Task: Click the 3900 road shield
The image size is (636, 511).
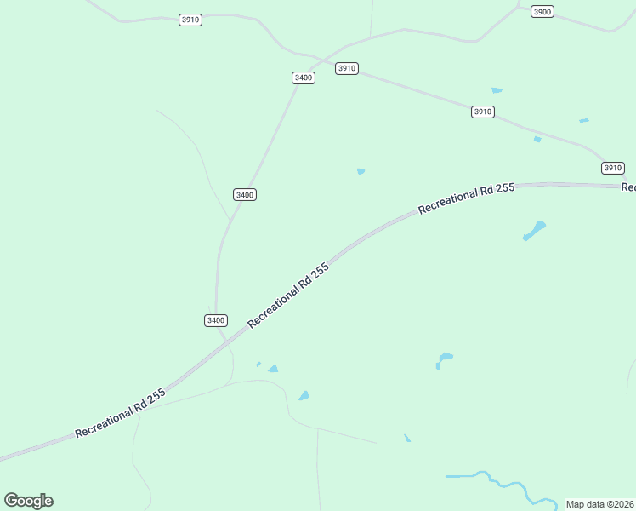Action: [x=542, y=11]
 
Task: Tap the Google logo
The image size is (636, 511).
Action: [x=28, y=501]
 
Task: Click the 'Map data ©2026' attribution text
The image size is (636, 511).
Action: [x=599, y=504]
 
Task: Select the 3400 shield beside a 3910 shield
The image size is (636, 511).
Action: [x=304, y=78]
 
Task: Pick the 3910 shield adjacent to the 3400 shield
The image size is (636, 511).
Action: [x=346, y=68]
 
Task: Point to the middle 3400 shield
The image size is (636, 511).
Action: [x=245, y=195]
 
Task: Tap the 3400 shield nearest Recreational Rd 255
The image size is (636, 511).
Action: [x=216, y=320]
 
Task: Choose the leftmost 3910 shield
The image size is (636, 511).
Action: [x=190, y=20]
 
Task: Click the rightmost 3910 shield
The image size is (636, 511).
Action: [x=613, y=168]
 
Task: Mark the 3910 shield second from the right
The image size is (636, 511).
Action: [x=483, y=112]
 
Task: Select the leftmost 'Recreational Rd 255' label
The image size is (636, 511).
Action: [x=120, y=414]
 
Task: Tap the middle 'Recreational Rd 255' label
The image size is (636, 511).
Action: [x=288, y=296]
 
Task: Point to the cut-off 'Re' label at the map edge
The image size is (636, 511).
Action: [x=628, y=187]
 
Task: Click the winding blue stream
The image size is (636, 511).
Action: [x=502, y=484]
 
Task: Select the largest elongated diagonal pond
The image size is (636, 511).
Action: [x=534, y=231]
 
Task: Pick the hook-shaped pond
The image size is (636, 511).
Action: [x=443, y=359]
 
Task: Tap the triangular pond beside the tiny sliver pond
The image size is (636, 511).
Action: [x=273, y=369]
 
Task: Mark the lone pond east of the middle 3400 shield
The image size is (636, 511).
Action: [x=361, y=171]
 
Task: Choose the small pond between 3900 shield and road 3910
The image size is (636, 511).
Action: [x=497, y=89]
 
